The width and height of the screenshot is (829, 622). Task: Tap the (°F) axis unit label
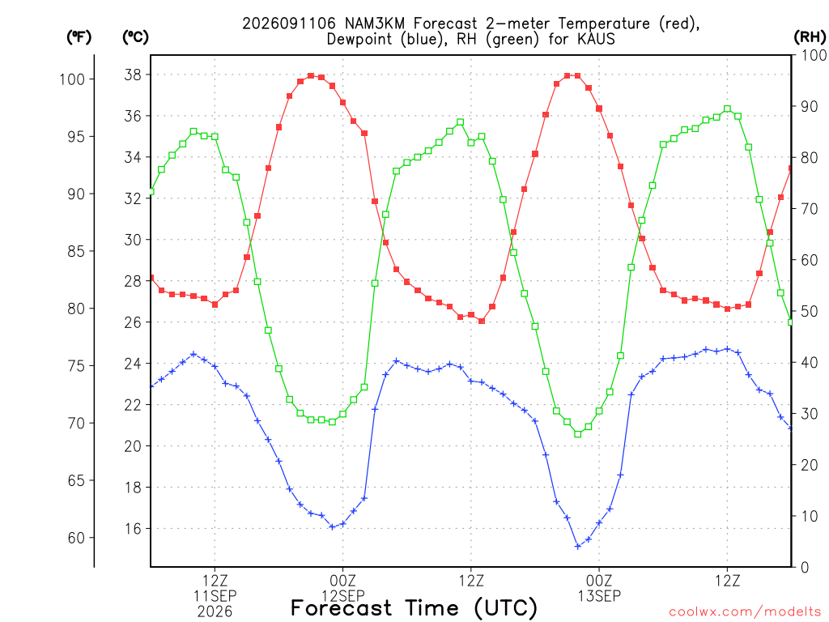click(x=79, y=37)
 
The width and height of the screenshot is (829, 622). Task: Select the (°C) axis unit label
click(x=135, y=37)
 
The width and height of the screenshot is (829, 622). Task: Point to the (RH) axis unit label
click(x=810, y=37)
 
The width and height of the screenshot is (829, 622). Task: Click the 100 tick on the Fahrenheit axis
click(x=72, y=79)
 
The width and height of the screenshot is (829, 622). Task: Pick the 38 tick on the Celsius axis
click(x=133, y=75)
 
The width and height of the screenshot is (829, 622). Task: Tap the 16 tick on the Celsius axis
click(x=133, y=529)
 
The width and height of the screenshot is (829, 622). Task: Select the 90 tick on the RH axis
click(x=809, y=106)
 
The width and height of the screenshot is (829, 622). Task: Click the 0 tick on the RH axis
click(x=805, y=568)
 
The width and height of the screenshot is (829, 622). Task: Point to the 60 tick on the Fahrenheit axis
click(x=76, y=538)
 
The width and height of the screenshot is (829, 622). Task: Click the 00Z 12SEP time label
click(x=343, y=588)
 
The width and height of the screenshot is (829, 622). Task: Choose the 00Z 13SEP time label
click(x=599, y=588)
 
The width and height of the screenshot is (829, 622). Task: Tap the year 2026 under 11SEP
click(x=215, y=612)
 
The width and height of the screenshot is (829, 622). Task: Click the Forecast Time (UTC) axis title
click(x=414, y=608)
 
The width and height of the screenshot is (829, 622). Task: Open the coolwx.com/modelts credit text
click(x=745, y=612)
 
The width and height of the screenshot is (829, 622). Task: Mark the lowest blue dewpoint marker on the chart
click(x=578, y=547)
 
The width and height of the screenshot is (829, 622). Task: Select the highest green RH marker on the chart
click(x=728, y=109)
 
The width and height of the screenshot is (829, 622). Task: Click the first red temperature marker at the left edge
click(x=151, y=278)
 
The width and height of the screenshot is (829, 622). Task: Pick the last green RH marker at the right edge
click(x=791, y=322)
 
